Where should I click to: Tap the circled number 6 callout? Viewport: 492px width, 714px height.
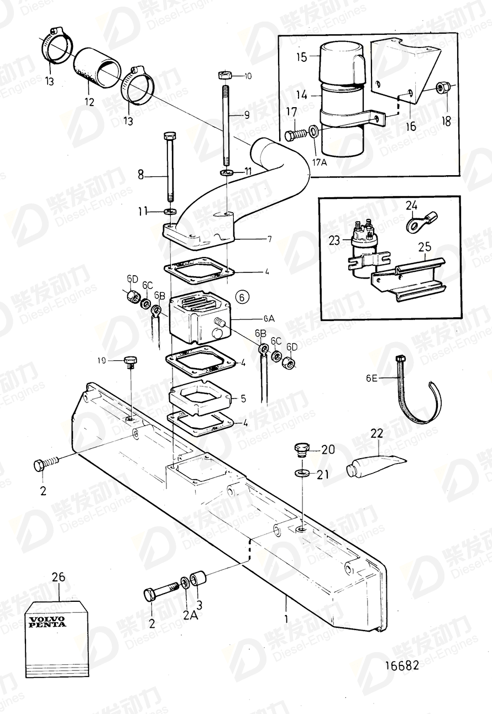pyautogui.click(x=242, y=297)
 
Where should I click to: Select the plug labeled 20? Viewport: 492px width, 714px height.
pyautogui.click(x=301, y=449)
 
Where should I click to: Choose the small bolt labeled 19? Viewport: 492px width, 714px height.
pyautogui.click(x=130, y=362)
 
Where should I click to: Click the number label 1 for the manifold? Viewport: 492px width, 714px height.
pyautogui.click(x=285, y=620)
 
